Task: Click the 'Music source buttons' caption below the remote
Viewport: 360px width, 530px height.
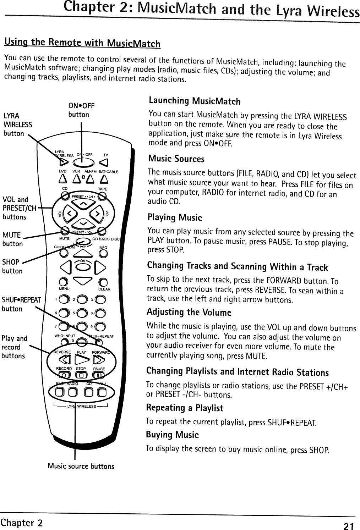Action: pos(81,466)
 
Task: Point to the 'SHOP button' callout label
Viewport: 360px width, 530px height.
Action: pos(12,266)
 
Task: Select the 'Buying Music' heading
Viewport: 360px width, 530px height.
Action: pos(172,435)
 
